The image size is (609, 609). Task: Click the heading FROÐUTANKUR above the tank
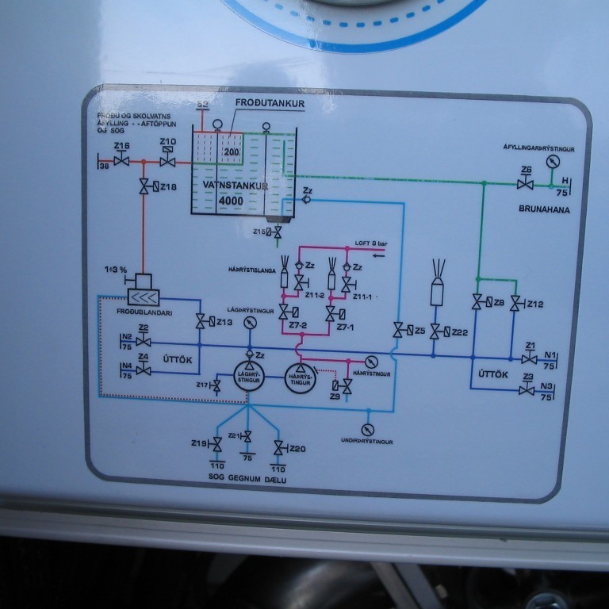pos(270,103)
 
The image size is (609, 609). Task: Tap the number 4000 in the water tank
pos(231,201)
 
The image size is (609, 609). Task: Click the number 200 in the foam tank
pos(231,151)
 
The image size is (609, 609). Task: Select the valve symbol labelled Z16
pos(121,161)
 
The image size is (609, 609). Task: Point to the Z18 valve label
pos(168,186)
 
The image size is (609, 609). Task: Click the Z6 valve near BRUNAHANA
pos(525,183)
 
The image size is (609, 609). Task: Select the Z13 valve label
pos(224,322)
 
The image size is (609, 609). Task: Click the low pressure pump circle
pos(248,379)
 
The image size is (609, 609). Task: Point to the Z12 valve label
pos(535,304)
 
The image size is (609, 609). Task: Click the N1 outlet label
pos(550,354)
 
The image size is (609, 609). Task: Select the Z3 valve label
pos(527,377)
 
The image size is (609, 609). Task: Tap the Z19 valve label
pos(199,443)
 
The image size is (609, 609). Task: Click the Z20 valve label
pos(297,449)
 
